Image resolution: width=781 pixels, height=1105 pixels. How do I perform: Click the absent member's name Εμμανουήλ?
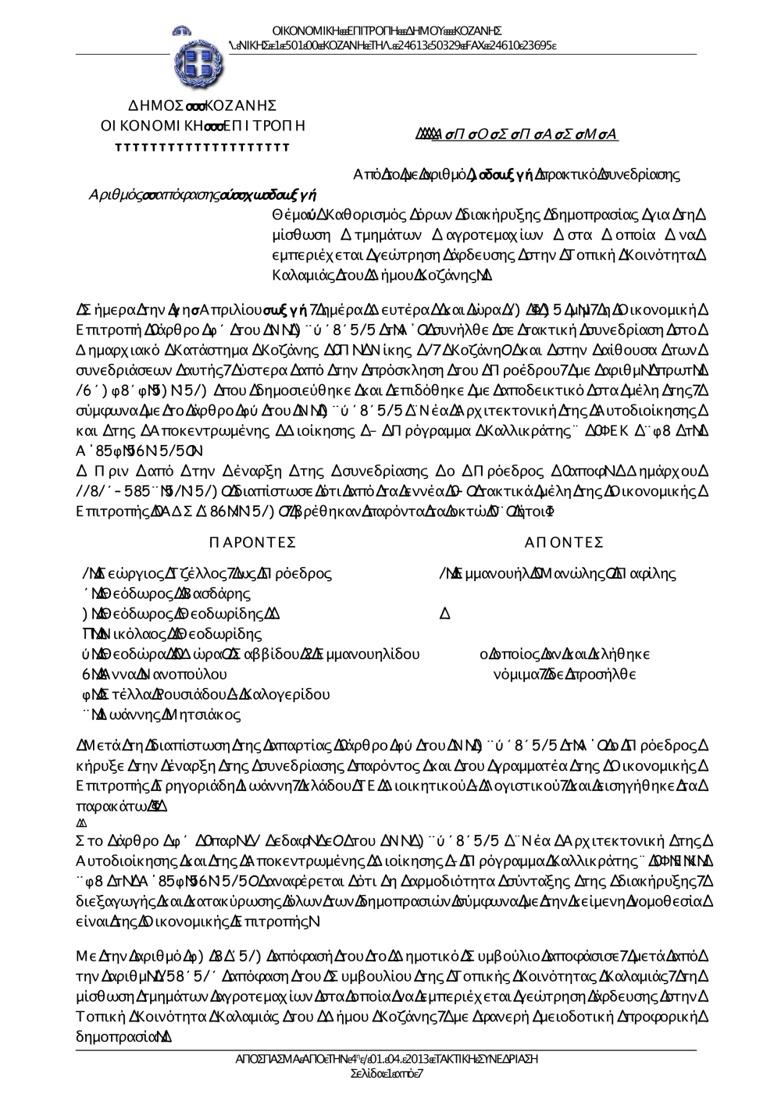pos(495,573)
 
